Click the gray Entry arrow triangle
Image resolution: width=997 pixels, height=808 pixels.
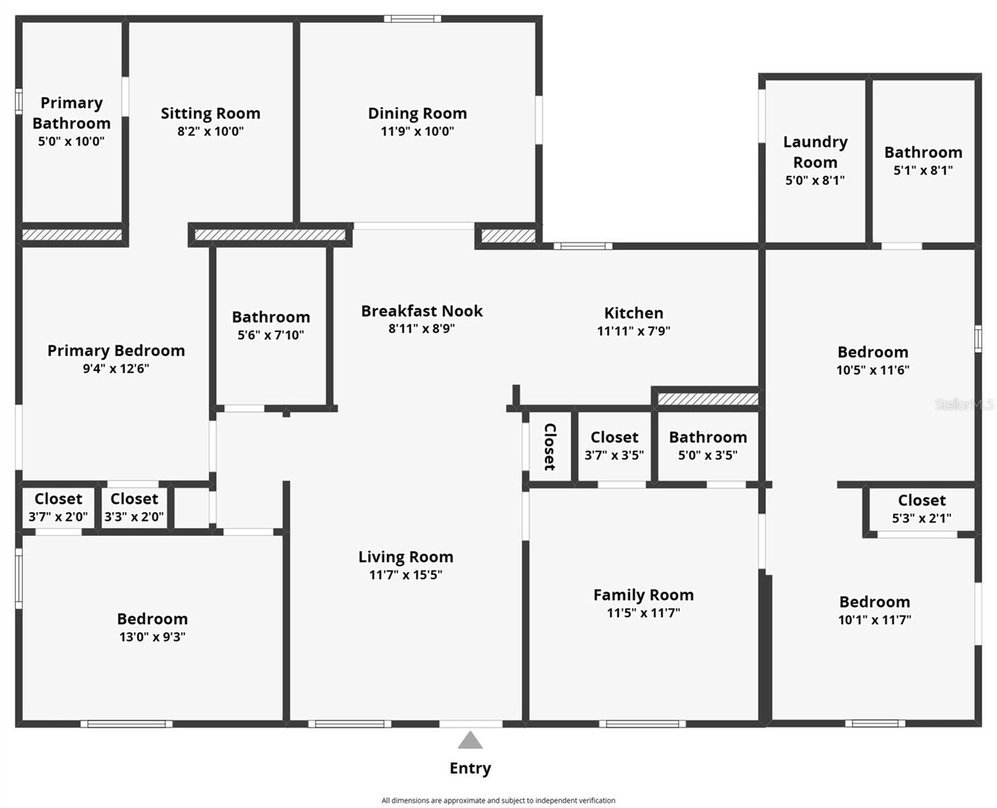470,741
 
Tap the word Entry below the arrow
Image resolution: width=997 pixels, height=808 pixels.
470,769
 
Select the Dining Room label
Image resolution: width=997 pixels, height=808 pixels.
417,113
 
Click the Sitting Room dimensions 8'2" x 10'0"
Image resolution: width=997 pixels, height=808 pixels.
210,131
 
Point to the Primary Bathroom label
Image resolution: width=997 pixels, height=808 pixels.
71,113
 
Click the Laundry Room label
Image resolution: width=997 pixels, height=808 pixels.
815,152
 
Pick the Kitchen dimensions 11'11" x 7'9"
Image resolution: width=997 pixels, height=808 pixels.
633,331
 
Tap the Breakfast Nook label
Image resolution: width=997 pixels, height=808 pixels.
421,311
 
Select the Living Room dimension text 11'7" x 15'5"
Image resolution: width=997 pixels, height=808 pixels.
405,575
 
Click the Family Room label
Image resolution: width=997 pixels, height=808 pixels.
644,595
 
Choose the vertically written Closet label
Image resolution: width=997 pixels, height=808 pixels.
550,447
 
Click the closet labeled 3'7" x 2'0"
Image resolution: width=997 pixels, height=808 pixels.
58,508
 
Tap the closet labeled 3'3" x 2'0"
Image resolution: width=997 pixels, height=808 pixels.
134,508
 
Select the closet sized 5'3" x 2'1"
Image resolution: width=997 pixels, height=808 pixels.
922,509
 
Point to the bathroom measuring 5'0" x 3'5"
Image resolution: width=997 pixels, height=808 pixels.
708,446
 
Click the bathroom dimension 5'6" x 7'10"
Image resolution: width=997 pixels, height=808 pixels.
271,335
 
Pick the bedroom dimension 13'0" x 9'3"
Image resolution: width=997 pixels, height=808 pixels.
152,637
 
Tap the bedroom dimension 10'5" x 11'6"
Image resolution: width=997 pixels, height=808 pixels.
872,370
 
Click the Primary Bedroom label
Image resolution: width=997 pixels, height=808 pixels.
116,351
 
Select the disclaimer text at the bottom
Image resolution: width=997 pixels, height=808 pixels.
498,801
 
